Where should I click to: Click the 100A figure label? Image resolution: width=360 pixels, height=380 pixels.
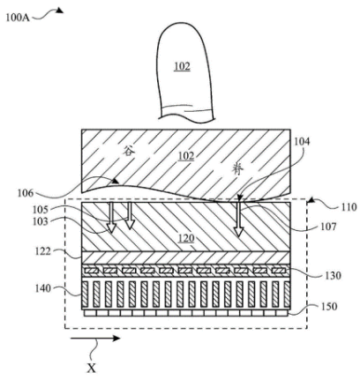coord(18,18)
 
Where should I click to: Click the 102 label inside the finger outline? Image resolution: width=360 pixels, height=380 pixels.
coord(183,66)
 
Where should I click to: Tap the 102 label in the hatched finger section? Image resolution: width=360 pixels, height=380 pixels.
coord(186,155)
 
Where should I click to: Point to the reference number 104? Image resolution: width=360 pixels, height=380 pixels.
coord(302,142)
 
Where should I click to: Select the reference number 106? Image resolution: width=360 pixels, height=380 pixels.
coord(26,193)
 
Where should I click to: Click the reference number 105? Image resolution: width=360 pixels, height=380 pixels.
coord(40,210)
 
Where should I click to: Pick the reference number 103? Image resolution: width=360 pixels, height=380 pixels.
coord(40,221)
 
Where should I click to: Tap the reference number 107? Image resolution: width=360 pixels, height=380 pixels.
coord(328,227)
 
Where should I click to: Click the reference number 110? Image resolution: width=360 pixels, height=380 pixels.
coord(349,207)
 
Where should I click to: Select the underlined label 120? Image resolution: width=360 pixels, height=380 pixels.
coord(186,238)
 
